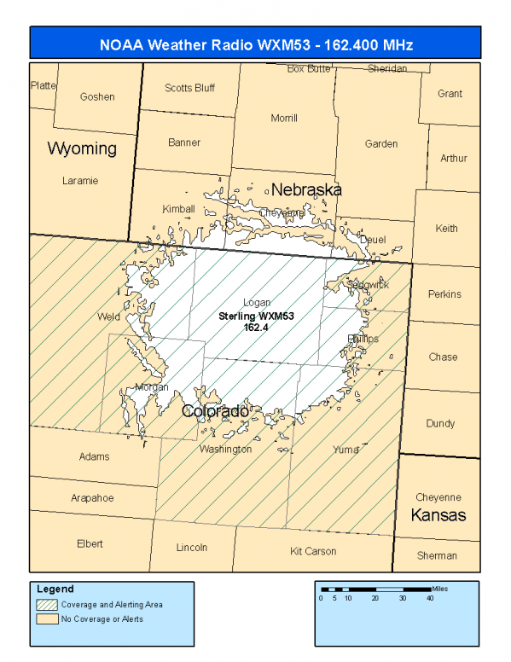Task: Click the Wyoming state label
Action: pos(82,148)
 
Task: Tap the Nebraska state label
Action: pos(306,189)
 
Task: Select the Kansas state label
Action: pos(438,515)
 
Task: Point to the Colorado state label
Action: pos(216,412)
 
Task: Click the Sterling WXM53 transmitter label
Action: pos(257,316)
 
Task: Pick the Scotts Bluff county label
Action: pos(189,88)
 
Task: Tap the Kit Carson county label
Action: pos(313,551)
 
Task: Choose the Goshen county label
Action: pos(97,96)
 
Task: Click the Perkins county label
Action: pos(444,294)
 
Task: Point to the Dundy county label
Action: pos(440,423)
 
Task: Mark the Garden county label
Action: pos(381,144)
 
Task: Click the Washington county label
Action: pos(225,449)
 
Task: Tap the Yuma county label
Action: pos(345,449)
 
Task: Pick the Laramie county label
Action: pos(80,181)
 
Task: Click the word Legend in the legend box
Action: pos(55,589)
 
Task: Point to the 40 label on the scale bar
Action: pos(429,598)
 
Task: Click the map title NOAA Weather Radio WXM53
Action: pos(255,44)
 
